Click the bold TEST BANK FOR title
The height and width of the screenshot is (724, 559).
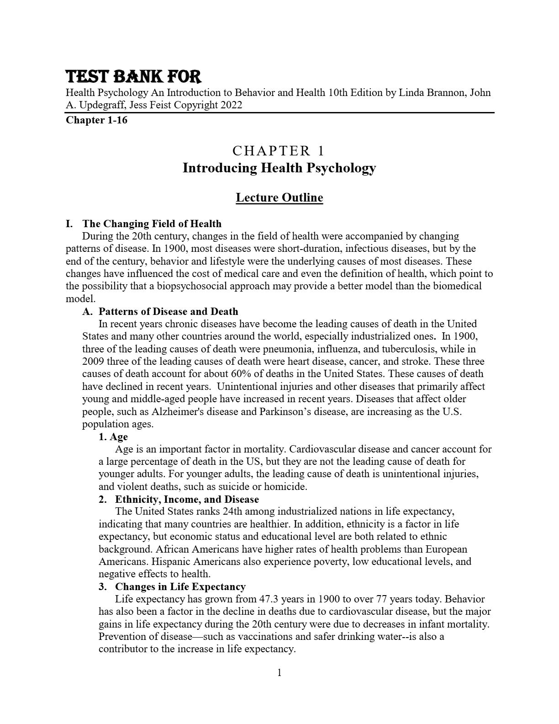(x=133, y=76)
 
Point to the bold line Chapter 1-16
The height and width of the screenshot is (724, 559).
(x=96, y=120)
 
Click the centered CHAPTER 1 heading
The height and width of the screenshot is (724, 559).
(x=279, y=151)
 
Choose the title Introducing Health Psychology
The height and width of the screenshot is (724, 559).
(x=279, y=168)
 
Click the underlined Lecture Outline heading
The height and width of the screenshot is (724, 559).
(x=279, y=197)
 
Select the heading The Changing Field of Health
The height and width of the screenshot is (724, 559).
(x=152, y=224)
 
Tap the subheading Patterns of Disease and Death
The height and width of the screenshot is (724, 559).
(x=168, y=312)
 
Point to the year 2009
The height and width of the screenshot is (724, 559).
(x=93, y=362)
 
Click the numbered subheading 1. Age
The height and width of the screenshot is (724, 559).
(x=113, y=437)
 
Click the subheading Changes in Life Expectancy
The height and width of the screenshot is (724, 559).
(x=180, y=587)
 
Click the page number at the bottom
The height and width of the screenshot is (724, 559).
(x=279, y=673)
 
